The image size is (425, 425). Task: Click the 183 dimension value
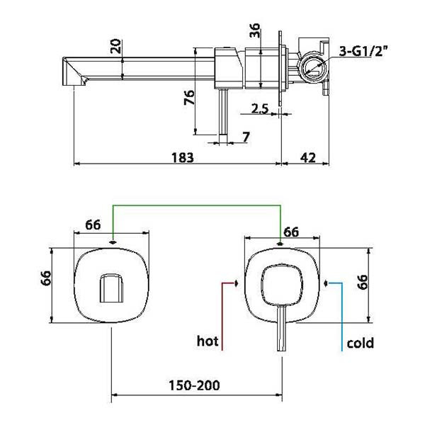click(183, 157)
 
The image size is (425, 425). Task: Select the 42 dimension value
click(307, 157)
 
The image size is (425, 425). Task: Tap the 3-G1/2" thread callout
click(363, 51)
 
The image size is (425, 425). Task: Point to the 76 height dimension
click(189, 97)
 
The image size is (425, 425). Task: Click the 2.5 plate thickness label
click(260, 108)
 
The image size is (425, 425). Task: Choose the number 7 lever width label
click(246, 137)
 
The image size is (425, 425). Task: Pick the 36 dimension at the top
click(255, 30)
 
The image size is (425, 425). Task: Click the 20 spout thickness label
click(116, 46)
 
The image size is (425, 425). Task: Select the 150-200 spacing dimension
click(194, 385)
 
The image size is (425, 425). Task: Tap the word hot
click(208, 341)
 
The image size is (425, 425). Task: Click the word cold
click(361, 343)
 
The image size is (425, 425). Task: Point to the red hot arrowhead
click(236, 283)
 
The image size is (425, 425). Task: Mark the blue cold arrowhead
click(327, 283)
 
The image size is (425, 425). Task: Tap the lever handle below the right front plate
click(282, 328)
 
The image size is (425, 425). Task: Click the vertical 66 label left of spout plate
click(46, 278)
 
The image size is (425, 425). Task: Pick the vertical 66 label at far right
click(363, 282)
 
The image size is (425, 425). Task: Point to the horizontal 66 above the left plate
click(93, 225)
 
